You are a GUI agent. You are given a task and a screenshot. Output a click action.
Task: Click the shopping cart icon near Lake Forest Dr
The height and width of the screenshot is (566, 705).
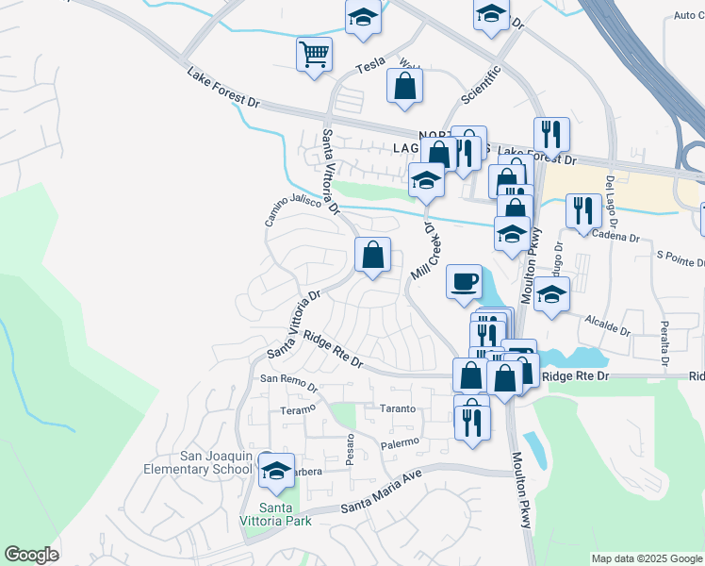[314, 53]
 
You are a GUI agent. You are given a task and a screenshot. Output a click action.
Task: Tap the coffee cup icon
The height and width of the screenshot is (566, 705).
[463, 281]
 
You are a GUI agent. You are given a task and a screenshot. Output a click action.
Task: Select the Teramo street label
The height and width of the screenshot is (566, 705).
[297, 411]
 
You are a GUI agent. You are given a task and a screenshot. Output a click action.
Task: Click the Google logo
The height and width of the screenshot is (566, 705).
[32, 554]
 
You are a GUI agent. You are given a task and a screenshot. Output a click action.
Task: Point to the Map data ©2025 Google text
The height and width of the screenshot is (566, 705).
[646, 558]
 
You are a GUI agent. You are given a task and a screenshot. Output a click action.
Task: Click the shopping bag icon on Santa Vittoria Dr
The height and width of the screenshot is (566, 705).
[372, 254]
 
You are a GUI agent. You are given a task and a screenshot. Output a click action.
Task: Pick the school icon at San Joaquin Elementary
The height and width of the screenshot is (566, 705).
[275, 471]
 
